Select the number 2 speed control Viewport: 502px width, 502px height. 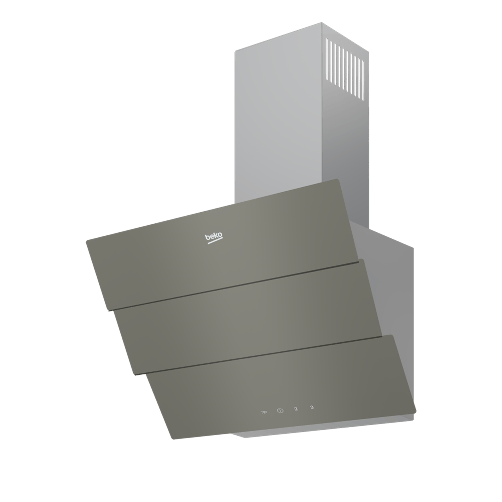point(296,416)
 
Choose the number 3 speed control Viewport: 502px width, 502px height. point(312,414)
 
